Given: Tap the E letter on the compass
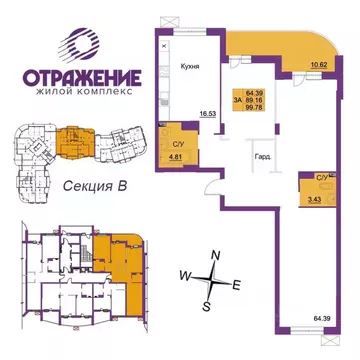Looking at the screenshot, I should (x=235, y=286).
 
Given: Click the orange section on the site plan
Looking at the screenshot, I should (x=71, y=141).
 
